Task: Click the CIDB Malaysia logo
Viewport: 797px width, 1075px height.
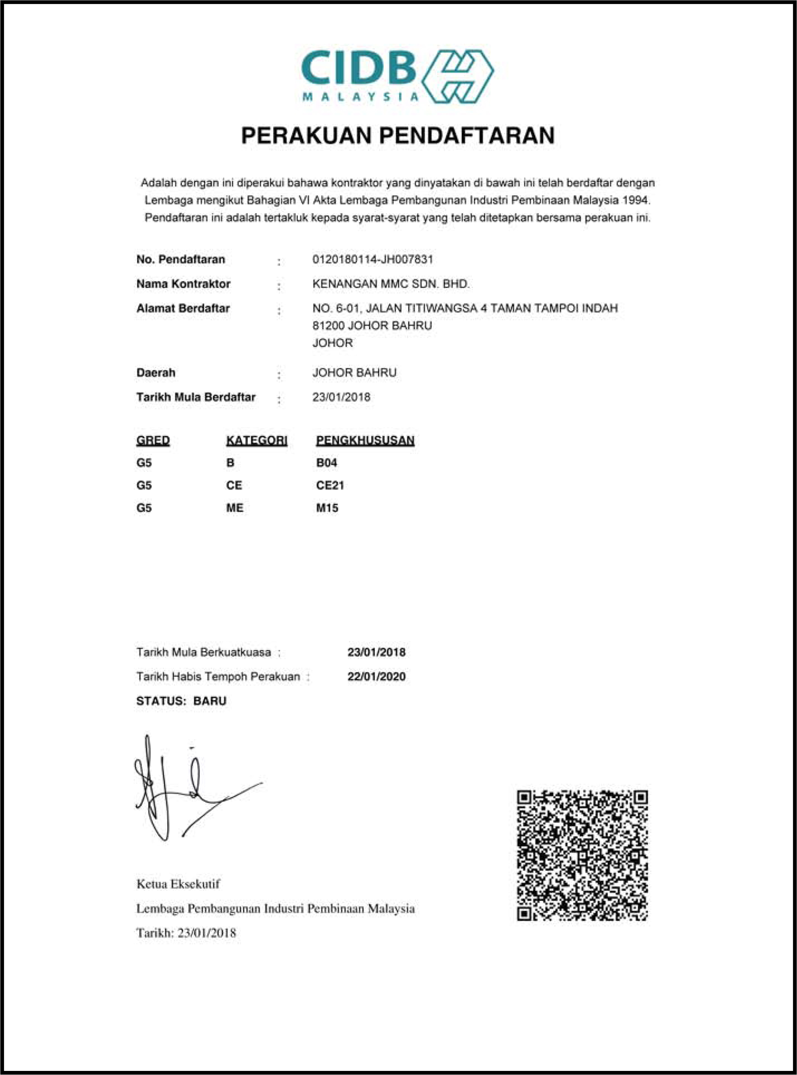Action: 397,76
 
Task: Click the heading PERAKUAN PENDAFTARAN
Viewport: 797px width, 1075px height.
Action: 398,136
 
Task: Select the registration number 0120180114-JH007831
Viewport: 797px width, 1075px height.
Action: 372,259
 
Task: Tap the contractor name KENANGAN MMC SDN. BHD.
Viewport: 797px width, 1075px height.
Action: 391,284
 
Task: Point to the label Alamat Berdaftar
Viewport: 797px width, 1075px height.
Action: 183,308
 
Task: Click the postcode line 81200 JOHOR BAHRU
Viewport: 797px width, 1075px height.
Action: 372,326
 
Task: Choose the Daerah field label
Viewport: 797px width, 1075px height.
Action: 155,373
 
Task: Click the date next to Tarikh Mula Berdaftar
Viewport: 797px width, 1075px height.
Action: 341,397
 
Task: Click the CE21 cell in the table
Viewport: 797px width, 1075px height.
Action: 330,485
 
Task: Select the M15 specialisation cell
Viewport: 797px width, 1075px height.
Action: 327,508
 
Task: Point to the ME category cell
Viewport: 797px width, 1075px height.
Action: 235,508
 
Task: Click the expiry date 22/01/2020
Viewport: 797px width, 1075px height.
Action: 376,677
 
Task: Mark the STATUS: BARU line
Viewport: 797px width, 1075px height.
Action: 181,701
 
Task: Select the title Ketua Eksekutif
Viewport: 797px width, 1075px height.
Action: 178,884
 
